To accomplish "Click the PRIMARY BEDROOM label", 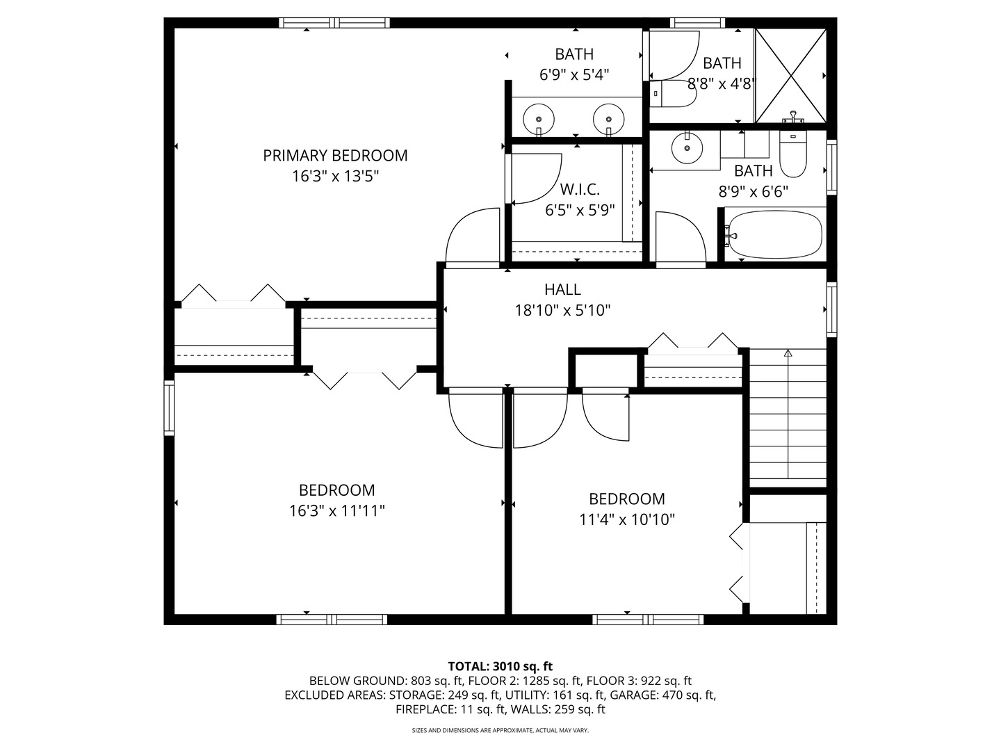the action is tap(335, 156).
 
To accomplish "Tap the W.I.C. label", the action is tap(580, 188).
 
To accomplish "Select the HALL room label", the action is tap(562, 289).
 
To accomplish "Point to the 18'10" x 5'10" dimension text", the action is tap(562, 310).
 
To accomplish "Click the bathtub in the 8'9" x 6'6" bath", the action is tap(775, 235).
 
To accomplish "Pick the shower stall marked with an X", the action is tap(790, 76).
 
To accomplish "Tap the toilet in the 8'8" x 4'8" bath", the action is tap(673, 94).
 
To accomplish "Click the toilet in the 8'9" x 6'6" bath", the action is tap(793, 154).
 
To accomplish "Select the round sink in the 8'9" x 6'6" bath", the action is tap(687, 147).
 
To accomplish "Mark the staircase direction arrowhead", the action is tap(788, 353).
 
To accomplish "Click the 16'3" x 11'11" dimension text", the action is tap(337, 510).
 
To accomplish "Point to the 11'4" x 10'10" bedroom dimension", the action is tap(626, 519).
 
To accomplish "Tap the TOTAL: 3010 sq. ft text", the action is tap(500, 666).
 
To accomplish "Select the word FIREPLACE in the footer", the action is tap(425, 709).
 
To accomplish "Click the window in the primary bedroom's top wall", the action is tap(334, 23).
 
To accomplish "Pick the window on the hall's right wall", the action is tap(832, 309).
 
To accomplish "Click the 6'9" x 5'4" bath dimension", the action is tap(574, 75).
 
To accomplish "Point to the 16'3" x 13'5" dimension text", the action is tap(335, 176).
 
